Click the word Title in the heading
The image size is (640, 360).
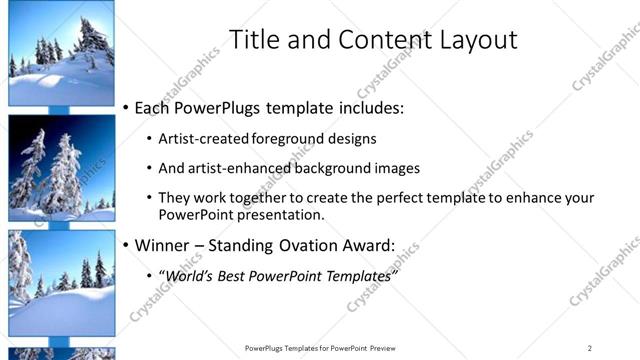[254, 41]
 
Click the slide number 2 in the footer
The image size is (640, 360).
[589, 348]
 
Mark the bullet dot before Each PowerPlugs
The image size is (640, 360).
[125, 107]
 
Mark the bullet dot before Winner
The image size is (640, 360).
[125, 245]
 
